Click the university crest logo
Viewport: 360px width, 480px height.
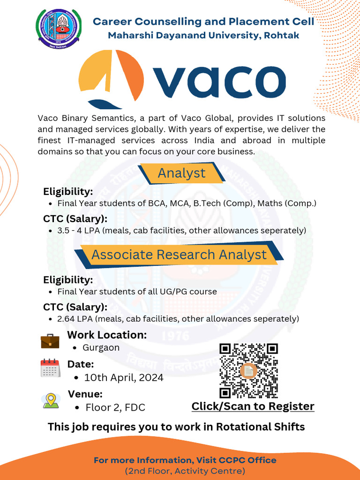(59, 29)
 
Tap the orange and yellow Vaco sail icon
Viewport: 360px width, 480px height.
(111, 77)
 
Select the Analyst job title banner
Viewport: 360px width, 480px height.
(181, 173)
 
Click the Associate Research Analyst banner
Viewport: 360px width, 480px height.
(179, 255)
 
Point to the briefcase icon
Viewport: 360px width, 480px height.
(50, 341)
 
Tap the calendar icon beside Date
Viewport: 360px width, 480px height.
(50, 368)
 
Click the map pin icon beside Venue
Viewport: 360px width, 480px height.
(51, 400)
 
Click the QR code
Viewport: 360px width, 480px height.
(249, 371)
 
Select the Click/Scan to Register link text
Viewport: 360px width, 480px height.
(253, 406)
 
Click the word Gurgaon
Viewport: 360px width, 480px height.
(101, 348)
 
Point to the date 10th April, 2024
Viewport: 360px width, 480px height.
(124, 377)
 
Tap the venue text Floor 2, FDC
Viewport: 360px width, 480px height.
(115, 407)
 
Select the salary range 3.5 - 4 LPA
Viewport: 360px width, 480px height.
(79, 231)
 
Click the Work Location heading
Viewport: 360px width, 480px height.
(107, 335)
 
